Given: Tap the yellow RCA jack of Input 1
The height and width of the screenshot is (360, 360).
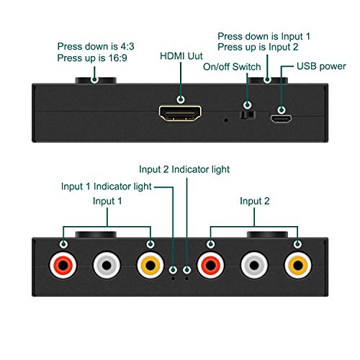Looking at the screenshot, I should (x=150, y=266).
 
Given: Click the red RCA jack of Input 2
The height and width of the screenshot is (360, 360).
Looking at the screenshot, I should (x=210, y=266).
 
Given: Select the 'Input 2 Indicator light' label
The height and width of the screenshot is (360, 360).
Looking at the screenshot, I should (x=184, y=169).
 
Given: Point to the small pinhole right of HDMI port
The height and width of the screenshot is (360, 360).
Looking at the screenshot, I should (x=227, y=120).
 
